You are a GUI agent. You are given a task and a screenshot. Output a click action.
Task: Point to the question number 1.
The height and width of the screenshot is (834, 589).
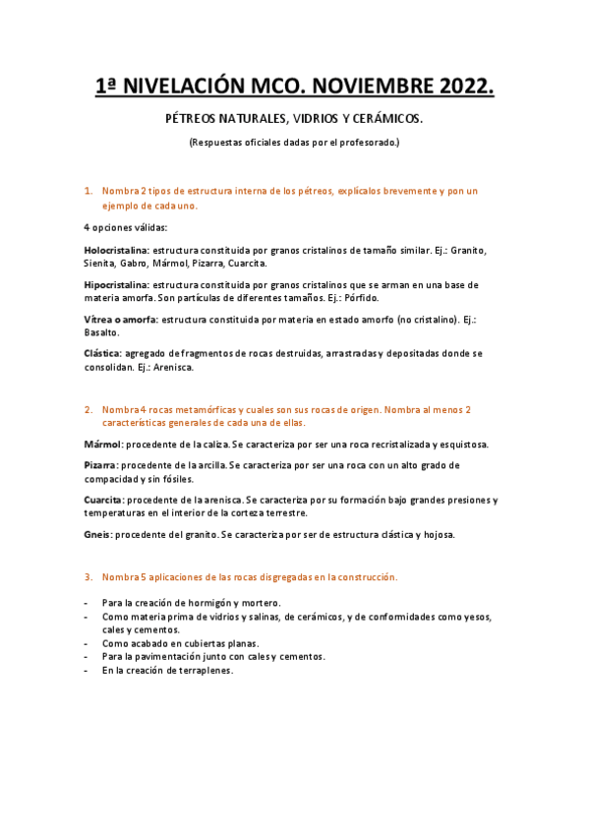pyautogui.click(x=88, y=191)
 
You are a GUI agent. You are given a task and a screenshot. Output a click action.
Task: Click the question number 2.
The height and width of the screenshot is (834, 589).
pyautogui.click(x=88, y=408)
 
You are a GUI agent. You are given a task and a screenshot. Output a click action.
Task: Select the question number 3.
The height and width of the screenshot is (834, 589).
pyautogui.click(x=88, y=576)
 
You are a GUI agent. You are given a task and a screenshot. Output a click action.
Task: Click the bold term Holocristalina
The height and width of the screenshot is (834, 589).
pyautogui.click(x=116, y=250)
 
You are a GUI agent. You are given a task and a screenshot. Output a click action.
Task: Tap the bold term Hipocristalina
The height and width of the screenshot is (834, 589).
pyautogui.click(x=116, y=284)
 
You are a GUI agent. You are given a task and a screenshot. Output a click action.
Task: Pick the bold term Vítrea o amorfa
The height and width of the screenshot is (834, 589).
pyautogui.click(x=121, y=319)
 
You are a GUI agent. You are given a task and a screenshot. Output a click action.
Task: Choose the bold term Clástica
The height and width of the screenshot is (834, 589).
pyautogui.click(x=102, y=353)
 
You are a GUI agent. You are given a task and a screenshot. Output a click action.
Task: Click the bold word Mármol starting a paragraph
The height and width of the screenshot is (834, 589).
pyautogui.click(x=101, y=444)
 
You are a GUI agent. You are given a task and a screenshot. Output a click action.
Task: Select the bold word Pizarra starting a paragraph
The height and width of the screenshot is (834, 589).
pyautogui.click(x=101, y=465)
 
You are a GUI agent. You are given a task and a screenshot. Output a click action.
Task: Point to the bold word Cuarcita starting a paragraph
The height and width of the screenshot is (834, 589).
pyautogui.click(x=103, y=500)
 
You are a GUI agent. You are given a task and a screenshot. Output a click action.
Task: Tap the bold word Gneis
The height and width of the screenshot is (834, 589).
pyautogui.click(x=96, y=534)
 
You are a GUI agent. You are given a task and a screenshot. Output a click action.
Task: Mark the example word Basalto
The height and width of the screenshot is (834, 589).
pyautogui.click(x=101, y=332)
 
